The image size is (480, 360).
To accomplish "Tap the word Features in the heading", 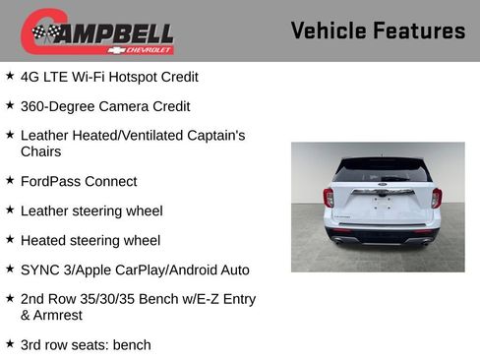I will point(419,30).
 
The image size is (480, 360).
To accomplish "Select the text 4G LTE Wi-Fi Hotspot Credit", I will point(109,77).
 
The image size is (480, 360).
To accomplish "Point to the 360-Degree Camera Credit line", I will point(105,106).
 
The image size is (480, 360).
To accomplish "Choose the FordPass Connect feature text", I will point(79,181).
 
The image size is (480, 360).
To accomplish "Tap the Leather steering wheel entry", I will point(91,210).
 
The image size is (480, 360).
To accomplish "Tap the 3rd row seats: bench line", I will point(86,345).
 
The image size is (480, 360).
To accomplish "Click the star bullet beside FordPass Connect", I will point(10,180).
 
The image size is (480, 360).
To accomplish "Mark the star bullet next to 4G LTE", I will point(10,76).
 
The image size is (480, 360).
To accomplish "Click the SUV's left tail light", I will point(329,197).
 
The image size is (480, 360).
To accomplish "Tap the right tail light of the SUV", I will point(436,197).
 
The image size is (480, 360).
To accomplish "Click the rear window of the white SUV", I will point(382,169).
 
